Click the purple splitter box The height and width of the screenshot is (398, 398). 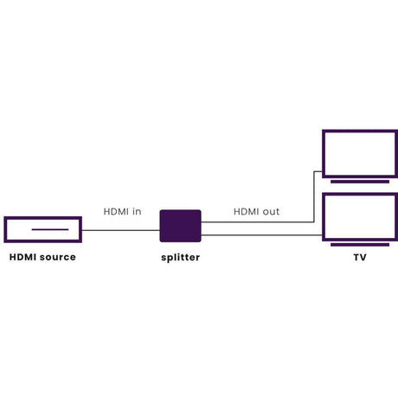click(180, 226)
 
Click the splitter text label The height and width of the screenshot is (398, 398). click(181, 258)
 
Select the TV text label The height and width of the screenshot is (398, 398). click(360, 257)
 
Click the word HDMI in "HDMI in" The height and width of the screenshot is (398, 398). click(116, 212)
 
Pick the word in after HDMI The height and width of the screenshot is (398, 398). click(137, 212)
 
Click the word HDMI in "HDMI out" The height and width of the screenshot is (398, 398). click(246, 212)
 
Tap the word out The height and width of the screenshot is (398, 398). click(271, 212)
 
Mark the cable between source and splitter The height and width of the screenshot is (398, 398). click(121, 230)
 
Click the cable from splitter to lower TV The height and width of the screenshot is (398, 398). click(261, 235)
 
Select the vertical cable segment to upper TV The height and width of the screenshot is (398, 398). click(314, 196)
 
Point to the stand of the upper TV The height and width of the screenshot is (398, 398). click(360, 182)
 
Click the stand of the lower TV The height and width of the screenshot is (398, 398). click(360, 245)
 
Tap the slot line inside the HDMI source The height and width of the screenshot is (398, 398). click(50, 229)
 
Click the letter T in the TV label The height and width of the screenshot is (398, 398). click(356, 257)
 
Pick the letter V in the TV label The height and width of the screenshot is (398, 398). click(363, 257)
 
